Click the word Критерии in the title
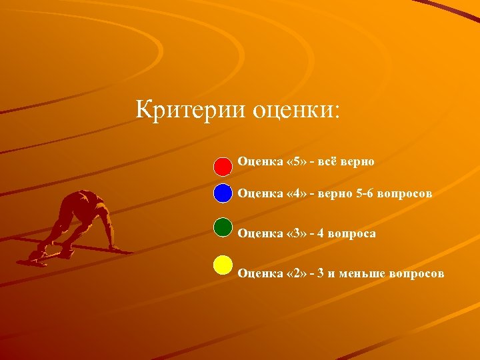[x=190, y=109]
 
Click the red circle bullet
[x=223, y=163]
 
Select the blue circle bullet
[x=223, y=193]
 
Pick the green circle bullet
[x=223, y=227]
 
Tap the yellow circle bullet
[x=223, y=265]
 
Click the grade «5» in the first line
[x=293, y=161]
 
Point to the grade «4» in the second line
[x=293, y=193]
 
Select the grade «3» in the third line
[x=293, y=233]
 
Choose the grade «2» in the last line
[x=293, y=273]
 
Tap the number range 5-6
[x=365, y=193]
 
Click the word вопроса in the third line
[x=353, y=233]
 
